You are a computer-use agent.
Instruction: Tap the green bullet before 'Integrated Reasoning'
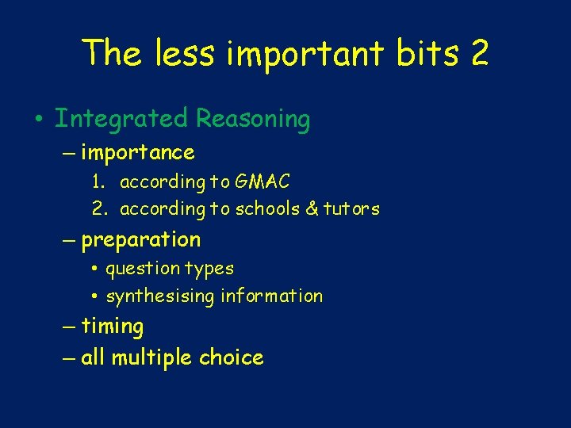38,120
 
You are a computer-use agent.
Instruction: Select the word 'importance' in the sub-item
138,152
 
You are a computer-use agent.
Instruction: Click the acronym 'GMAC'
263,182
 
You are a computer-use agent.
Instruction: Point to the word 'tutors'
353,209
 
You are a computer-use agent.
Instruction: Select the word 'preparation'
141,240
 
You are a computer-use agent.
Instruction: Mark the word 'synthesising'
161,297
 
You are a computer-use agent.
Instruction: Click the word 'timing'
113,327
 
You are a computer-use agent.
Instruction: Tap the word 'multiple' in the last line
151,358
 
